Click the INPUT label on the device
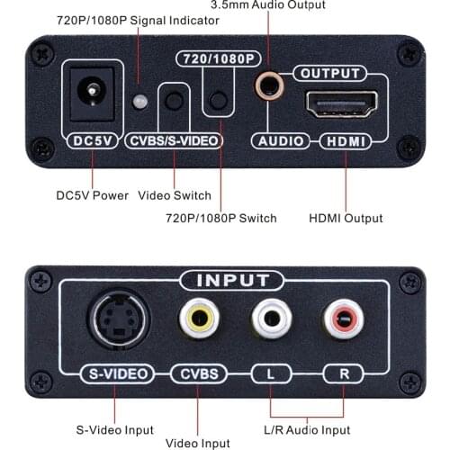point(225,281)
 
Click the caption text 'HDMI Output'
point(346,219)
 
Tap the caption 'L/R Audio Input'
point(307,430)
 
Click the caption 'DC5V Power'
point(93,195)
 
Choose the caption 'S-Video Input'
point(114,430)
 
